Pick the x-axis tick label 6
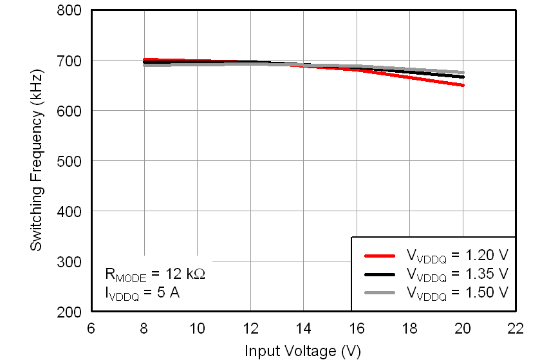[x=91, y=328]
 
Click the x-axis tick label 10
[x=197, y=328]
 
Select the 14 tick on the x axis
[x=303, y=328]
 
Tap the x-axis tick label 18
[x=409, y=328]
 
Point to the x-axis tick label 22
[x=516, y=328]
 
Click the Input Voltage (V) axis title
[x=303, y=351]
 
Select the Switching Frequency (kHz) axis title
[x=37, y=161]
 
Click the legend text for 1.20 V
[x=457, y=256]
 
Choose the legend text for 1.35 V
[x=457, y=274]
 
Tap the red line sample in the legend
[x=380, y=255]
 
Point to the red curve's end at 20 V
[x=462, y=85]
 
